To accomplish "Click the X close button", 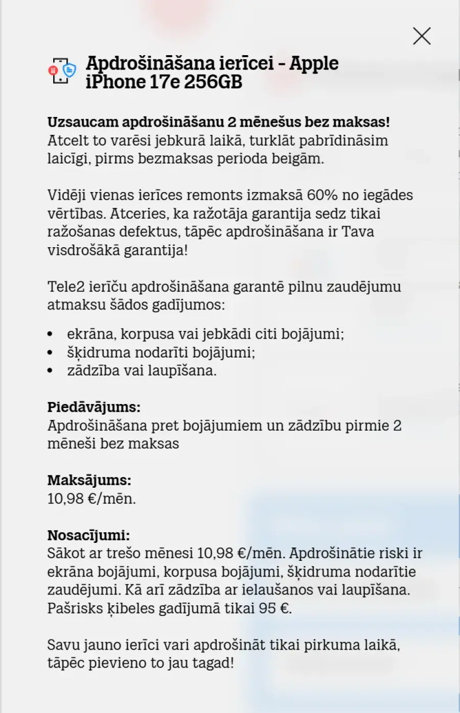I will (x=422, y=36).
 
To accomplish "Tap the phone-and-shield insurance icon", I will (x=62, y=72).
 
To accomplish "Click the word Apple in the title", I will (x=314, y=63).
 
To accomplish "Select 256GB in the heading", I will (x=213, y=82).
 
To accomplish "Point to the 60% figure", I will (x=320, y=195).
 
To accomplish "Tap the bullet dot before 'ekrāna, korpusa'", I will (x=50, y=334).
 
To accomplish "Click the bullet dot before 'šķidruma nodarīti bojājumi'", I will (x=50, y=352).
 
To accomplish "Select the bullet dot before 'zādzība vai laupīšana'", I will (x=50, y=371).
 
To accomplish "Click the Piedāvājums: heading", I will (x=94, y=407).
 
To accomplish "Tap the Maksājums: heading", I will (x=89, y=480).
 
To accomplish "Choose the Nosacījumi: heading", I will (x=88, y=535).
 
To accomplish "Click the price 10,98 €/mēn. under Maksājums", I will (x=91, y=498).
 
